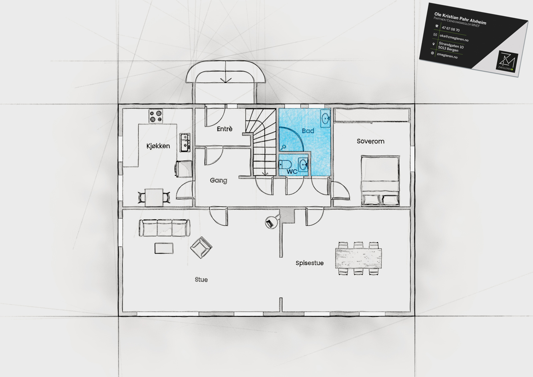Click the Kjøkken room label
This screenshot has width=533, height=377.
point(158,146)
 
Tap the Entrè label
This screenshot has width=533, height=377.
point(225,129)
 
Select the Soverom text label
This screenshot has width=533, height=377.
point(370,141)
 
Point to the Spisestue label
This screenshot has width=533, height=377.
point(309,263)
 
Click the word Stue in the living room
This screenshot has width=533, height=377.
point(201,280)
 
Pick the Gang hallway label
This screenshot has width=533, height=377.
point(219,181)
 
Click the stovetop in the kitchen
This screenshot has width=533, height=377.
point(156,116)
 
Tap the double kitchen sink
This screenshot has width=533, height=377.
point(185,142)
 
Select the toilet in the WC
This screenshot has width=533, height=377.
point(285,165)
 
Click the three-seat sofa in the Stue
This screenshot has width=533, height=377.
point(165,228)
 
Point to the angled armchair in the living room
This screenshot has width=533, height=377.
point(201,247)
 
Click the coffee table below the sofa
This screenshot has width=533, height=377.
point(164,248)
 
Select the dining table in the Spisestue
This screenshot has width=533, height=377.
point(358,258)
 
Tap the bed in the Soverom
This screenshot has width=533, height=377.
point(380,180)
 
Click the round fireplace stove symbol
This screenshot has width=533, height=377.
point(271,223)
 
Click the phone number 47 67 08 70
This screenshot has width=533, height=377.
point(451,29)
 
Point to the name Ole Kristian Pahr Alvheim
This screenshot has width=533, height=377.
point(460,19)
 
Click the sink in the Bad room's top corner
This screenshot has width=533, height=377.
point(325,118)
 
